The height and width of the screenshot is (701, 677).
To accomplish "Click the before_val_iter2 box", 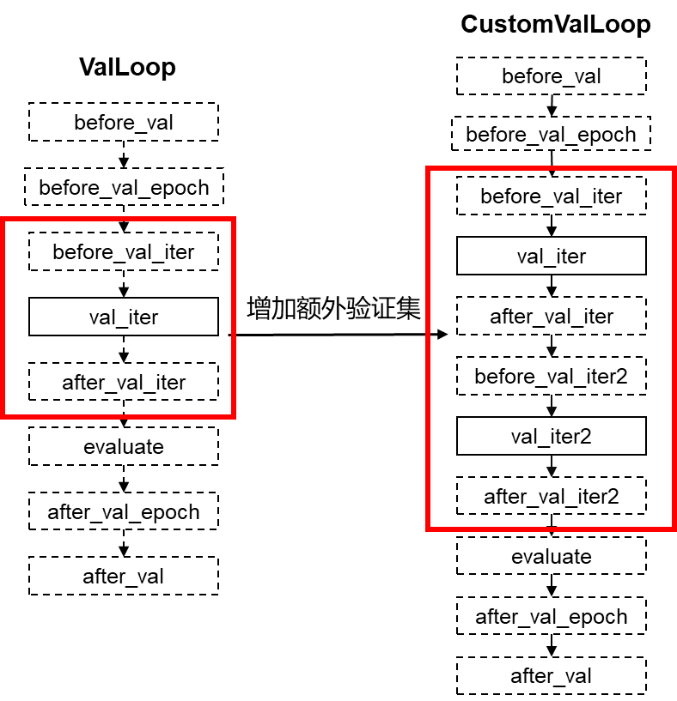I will click(551, 377).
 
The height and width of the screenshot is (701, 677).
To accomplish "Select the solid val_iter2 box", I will click(551, 437).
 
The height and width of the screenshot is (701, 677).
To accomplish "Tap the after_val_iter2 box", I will click(551, 497).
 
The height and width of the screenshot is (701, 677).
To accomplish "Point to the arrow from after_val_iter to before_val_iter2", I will click(551, 347).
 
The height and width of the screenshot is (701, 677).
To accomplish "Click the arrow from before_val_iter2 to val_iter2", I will click(551, 407).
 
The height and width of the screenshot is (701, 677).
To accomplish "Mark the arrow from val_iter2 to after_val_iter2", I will click(551, 467).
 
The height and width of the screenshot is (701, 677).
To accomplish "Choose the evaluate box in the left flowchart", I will click(124, 447).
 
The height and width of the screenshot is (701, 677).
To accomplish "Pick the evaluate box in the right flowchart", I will click(551, 557).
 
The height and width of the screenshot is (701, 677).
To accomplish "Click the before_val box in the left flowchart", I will click(124, 123).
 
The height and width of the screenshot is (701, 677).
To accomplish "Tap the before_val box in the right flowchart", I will click(551, 77).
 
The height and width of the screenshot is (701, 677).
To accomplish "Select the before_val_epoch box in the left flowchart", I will click(124, 188).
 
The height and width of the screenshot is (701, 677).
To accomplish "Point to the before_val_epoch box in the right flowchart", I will click(551, 135).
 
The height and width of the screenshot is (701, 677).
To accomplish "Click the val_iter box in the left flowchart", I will click(124, 317).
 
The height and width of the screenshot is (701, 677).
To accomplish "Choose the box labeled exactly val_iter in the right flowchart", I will click(551, 257).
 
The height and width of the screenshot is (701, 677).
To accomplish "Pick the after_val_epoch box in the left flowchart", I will click(124, 512).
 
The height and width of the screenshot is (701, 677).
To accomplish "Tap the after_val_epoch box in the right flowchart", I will click(551, 617).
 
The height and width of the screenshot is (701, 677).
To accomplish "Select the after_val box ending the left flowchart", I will click(124, 577).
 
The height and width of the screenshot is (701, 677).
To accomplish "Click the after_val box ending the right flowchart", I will click(551, 676).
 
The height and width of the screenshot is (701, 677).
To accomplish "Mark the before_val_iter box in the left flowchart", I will click(124, 252).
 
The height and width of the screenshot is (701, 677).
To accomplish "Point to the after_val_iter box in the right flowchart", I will click(551, 317).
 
